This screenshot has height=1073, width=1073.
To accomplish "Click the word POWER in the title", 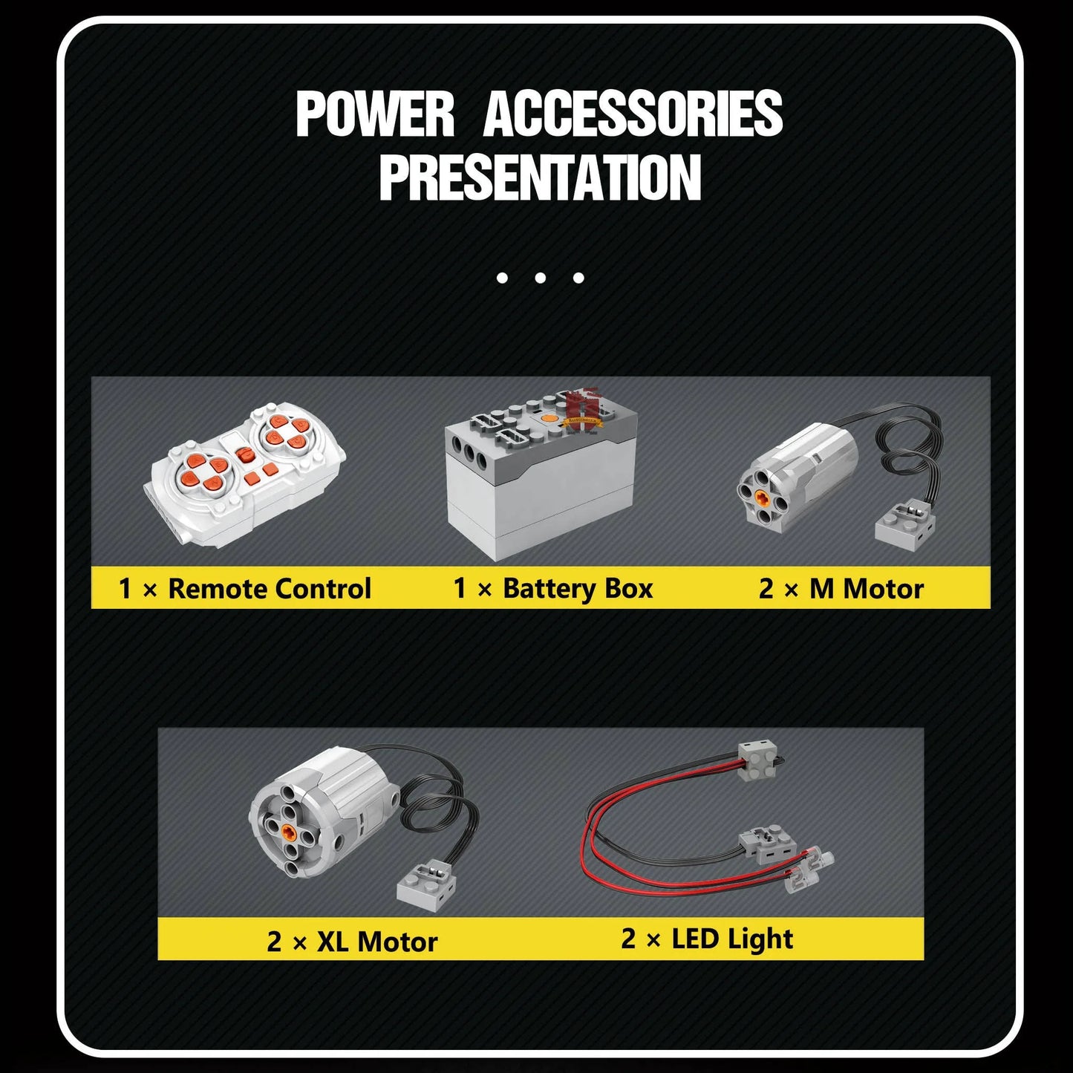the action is [375, 114].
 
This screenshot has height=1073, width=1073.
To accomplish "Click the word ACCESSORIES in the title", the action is [633, 114].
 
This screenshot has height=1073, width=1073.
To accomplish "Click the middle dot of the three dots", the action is [540, 277].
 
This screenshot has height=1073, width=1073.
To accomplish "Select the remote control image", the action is [245, 475].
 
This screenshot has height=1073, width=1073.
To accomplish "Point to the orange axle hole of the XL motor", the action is [291, 832].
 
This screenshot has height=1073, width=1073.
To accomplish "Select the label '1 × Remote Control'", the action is [245, 589].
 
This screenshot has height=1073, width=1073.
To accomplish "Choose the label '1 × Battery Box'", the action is [553, 589].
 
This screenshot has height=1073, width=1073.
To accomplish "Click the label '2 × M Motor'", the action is [841, 589].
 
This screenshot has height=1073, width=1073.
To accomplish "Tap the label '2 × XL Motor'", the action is [352, 942].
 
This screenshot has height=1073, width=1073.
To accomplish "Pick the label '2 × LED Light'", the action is [707, 939].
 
